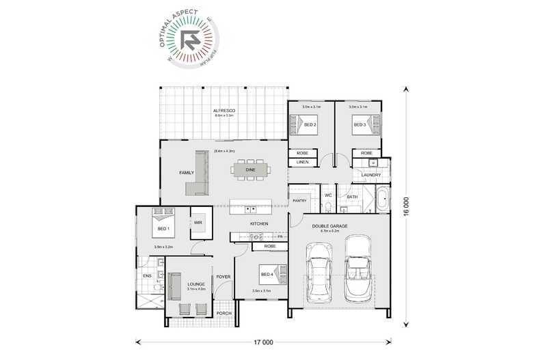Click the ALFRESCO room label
[x=224, y=110]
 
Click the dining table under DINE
[x=251, y=169]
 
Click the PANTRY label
[x=299, y=201]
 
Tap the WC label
[x=327, y=196]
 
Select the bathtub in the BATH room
[x=381, y=200]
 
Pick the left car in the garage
[x=321, y=270]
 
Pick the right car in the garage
[x=357, y=268]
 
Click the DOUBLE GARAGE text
[x=329, y=225]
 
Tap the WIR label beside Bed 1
[x=198, y=222]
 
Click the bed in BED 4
[x=267, y=275]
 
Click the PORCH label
[x=224, y=314]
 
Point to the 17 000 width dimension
[x=263, y=341]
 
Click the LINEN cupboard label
[x=302, y=162]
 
